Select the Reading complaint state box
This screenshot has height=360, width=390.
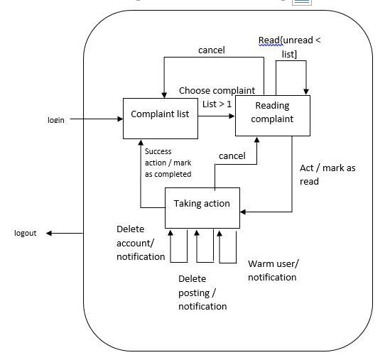click(x=273, y=114)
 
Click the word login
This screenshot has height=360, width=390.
click(x=56, y=120)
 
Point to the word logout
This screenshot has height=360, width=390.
click(x=26, y=234)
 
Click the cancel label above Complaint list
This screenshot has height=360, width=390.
click(x=211, y=50)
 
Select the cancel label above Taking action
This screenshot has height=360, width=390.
click(x=232, y=156)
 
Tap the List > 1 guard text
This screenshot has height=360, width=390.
click(x=217, y=104)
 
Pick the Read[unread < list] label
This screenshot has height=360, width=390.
click(x=289, y=47)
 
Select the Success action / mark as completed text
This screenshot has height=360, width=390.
click(x=168, y=163)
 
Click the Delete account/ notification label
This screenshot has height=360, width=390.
click(x=141, y=243)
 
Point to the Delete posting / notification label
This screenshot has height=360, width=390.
click(x=202, y=293)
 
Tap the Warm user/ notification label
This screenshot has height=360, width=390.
click(x=273, y=271)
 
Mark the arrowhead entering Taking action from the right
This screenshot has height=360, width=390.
click(x=244, y=211)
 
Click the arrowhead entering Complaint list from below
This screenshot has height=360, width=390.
click(x=141, y=143)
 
